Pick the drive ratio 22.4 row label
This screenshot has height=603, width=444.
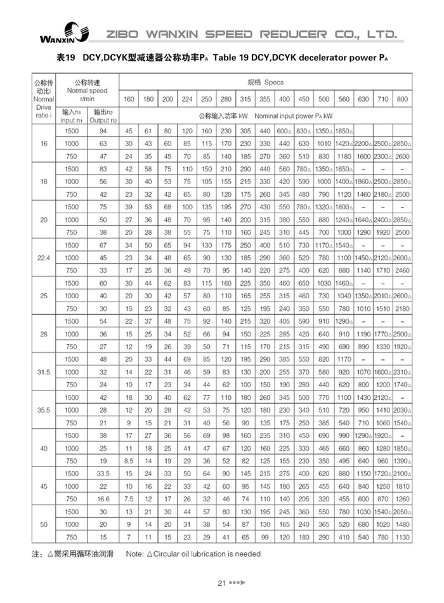[44, 258]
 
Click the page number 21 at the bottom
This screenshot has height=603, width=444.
[221, 583]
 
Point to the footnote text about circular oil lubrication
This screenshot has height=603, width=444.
[193, 553]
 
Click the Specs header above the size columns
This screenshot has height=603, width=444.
[265, 83]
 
